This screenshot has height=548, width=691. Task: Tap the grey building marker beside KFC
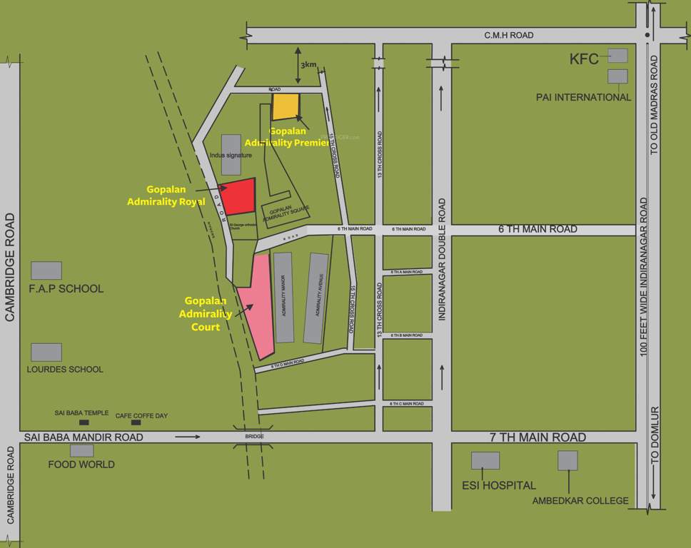click(x=617, y=55)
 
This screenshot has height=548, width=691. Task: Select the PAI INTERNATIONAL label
click(x=583, y=97)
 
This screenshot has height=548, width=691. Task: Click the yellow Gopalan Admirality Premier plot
click(x=286, y=106)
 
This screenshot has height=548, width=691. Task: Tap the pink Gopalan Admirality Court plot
click(x=258, y=307)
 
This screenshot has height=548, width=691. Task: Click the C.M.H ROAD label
click(x=509, y=35)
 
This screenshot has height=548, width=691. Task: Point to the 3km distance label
click(x=308, y=65)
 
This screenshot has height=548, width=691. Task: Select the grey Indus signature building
click(x=231, y=154)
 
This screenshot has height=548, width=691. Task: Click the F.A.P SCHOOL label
click(x=66, y=289)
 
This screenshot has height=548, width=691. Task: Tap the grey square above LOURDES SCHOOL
click(x=46, y=352)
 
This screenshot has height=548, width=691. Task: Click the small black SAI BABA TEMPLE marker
click(x=84, y=422)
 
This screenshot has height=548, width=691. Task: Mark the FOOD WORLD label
click(x=81, y=465)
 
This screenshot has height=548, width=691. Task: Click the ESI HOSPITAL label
click(x=494, y=485)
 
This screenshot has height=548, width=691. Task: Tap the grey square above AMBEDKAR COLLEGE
click(x=568, y=460)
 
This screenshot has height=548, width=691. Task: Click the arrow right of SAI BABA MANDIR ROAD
click(x=187, y=436)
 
